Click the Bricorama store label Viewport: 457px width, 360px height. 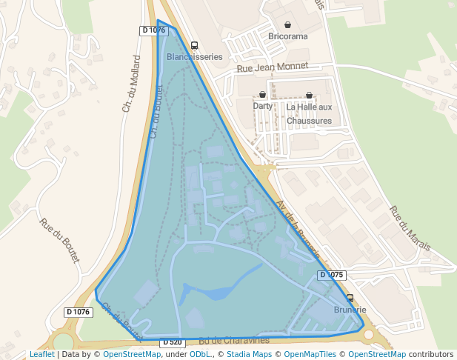pos(287,36)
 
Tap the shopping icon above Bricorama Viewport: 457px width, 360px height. pos(287,24)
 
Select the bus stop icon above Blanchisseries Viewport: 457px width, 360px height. pos(194,45)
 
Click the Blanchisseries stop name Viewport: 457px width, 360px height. pos(195,56)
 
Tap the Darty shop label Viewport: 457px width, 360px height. pos(262,106)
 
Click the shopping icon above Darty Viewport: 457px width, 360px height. pos(262,95)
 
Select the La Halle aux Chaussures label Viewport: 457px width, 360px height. pos(309,113)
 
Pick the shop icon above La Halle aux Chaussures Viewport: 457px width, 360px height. pos(309,95)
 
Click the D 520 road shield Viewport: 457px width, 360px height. pos(171,342)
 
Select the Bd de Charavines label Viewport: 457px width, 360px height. pos(233,341)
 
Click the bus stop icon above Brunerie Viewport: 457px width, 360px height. pos(350,298)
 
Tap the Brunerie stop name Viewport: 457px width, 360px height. pos(350,310)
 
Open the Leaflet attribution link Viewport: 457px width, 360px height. pos(41,355)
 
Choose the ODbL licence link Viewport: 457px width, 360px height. pos(201,355)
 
